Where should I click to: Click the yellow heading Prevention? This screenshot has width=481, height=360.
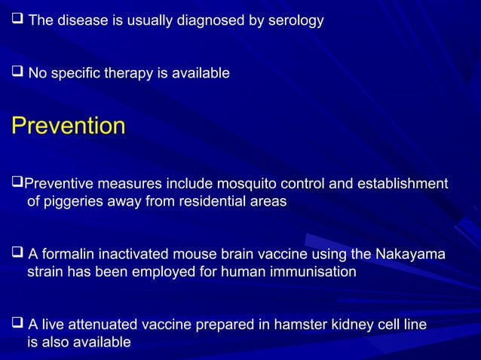tap(68, 126)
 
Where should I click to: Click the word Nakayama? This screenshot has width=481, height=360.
tap(406, 254)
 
